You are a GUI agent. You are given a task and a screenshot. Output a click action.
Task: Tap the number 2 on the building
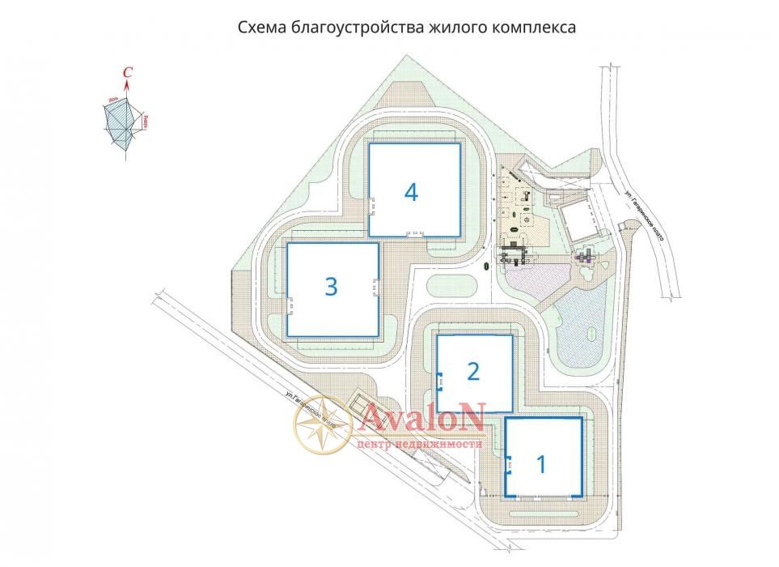click(x=474, y=372)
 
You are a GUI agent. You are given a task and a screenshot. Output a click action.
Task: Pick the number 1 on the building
click(x=542, y=464)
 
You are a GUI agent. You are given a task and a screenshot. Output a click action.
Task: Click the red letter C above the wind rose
click(x=127, y=74)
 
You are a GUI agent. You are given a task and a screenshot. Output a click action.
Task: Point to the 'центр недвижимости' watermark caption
click(x=419, y=444)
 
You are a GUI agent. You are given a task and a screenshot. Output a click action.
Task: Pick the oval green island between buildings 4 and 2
click(x=451, y=286)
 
